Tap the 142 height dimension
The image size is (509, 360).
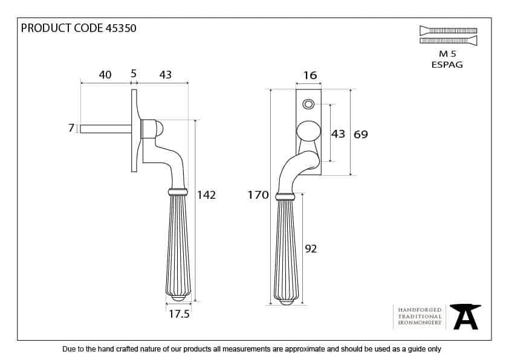206,195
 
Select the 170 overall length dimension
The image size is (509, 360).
258,194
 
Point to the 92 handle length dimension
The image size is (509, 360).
311,248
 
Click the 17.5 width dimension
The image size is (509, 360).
179,314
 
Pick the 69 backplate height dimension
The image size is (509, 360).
360,134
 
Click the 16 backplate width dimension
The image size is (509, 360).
310,76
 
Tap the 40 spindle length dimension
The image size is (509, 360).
105,75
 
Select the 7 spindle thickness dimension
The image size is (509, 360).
71,128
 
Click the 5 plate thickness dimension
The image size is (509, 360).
134,75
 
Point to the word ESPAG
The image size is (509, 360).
447,65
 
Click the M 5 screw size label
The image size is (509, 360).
447,54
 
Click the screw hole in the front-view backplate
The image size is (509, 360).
308,104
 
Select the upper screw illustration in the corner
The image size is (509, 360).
448,30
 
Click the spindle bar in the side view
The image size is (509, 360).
105,129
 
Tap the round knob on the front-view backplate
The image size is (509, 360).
308,132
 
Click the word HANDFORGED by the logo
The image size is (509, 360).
420,309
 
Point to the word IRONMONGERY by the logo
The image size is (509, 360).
420,324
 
